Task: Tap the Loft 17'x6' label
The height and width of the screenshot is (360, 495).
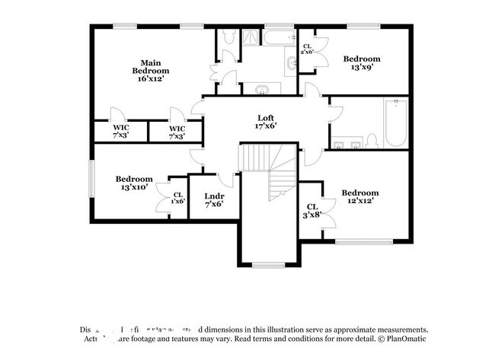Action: click(x=265, y=122)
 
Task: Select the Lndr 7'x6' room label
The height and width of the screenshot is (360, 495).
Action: click(x=214, y=199)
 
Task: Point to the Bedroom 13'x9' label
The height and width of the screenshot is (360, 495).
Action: click(x=361, y=63)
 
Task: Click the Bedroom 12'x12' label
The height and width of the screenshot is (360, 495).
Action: click(x=359, y=197)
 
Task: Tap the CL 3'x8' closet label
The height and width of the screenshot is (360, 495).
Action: click(x=311, y=211)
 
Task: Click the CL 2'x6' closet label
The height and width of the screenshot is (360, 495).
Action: click(x=307, y=48)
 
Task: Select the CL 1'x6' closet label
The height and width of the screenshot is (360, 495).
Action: click(x=177, y=198)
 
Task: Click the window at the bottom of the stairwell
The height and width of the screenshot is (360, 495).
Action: click(x=267, y=265)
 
